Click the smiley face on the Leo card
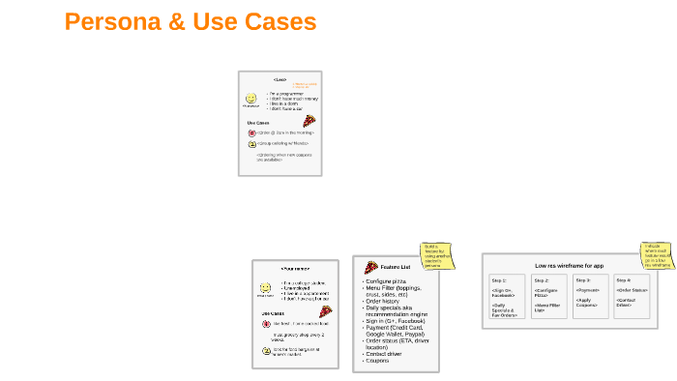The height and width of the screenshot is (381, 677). [x=250, y=98]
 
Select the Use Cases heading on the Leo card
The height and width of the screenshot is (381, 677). [x=257, y=123]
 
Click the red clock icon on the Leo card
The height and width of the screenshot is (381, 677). [x=251, y=132]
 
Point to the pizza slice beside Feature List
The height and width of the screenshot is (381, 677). [x=370, y=266]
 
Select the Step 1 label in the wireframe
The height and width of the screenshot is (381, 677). [x=499, y=279]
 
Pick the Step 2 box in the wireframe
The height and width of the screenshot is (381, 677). [x=547, y=295]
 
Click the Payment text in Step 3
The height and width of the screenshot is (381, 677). [x=587, y=289]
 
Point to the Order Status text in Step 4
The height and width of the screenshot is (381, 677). [x=631, y=289]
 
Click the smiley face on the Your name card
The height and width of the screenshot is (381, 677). [x=265, y=288]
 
